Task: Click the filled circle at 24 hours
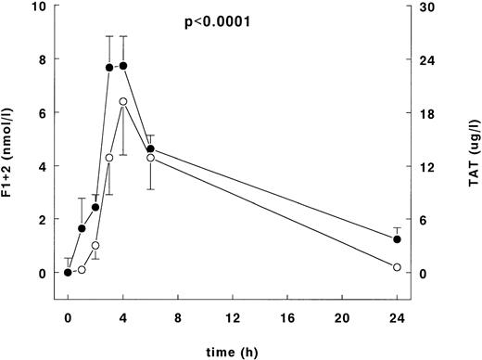pyautogui.click(x=397, y=239)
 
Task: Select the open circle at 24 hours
pyautogui.click(x=397, y=267)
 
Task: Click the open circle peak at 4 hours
pyautogui.click(x=123, y=101)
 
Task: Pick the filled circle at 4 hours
pyautogui.click(x=123, y=66)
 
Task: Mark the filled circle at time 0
pyautogui.click(x=68, y=273)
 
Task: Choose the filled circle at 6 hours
pyautogui.click(x=150, y=148)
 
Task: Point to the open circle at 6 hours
pyautogui.click(x=150, y=158)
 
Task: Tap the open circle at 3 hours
pyautogui.click(x=109, y=158)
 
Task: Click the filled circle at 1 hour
pyautogui.click(x=82, y=228)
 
